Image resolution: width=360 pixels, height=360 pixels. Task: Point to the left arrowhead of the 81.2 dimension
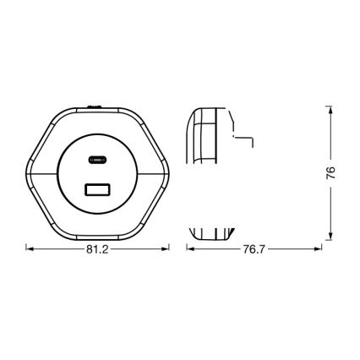30,248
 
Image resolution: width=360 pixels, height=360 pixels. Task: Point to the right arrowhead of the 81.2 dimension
168,248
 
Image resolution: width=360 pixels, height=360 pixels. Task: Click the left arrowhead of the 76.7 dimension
188,248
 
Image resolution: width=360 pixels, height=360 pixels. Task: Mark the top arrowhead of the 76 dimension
326,106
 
